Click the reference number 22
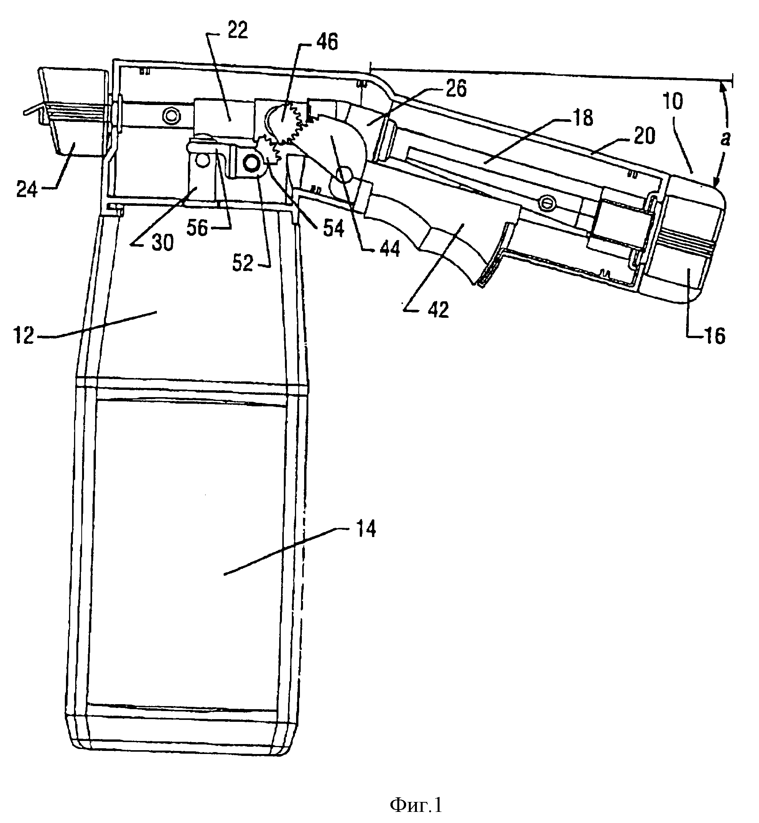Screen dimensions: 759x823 pos(237,31)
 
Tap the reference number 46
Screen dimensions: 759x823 pos(326,42)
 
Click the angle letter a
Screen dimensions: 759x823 pos(726,139)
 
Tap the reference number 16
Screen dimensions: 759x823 pos(715,336)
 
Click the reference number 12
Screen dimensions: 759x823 pos(24,336)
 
